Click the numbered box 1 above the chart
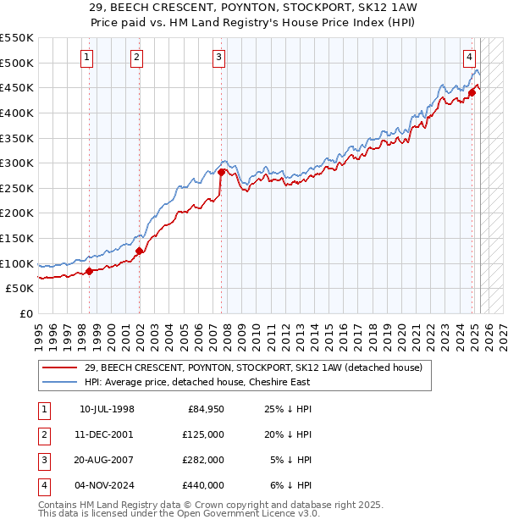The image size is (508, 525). point(88,58)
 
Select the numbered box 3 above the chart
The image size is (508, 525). point(218,58)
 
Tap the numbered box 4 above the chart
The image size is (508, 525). point(468,58)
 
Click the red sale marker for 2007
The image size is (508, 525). point(221,172)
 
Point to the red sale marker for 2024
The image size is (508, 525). point(472,92)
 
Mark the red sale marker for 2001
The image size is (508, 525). point(140,251)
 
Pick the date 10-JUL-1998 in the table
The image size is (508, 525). point(107,410)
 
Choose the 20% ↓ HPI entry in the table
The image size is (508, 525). point(289,434)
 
